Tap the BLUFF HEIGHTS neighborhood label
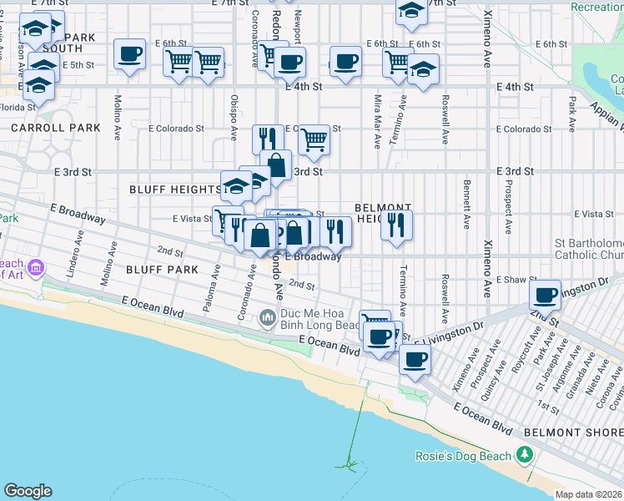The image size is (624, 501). tap(174, 190)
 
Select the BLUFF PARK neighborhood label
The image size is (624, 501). tap(162, 270)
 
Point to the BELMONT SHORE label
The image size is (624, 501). tap(573, 433)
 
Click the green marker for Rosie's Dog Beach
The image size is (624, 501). tap(524, 455)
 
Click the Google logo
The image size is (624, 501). tap(28, 491)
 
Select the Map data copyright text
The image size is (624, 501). tap(589, 494)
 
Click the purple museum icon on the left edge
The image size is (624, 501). tap(35, 268)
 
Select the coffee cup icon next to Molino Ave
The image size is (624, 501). tap(130, 54)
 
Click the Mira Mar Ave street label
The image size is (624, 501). tap(377, 120)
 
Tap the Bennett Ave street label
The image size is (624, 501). tap(466, 197)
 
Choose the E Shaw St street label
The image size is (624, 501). tap(514, 280)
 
